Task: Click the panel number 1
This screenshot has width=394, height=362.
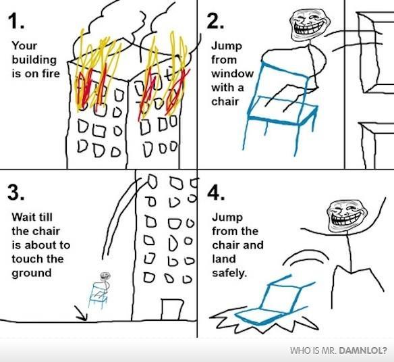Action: tap(16, 21)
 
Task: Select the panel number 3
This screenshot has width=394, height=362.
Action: tap(16, 192)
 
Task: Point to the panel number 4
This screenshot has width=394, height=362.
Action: tap(216, 194)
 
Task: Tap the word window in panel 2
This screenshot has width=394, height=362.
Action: tap(233, 74)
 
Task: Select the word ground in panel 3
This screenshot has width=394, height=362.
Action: tap(32, 274)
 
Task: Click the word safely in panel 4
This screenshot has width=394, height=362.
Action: tap(229, 274)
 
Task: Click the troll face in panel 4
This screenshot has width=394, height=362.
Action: tap(347, 216)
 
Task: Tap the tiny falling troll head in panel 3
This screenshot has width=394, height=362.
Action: tap(105, 276)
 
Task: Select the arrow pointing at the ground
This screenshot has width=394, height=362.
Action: tap(81, 313)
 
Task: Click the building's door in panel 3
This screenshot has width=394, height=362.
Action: tap(172, 309)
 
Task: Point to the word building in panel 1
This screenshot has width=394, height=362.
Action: tap(34, 60)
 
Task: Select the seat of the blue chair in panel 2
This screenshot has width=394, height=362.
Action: tap(283, 111)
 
